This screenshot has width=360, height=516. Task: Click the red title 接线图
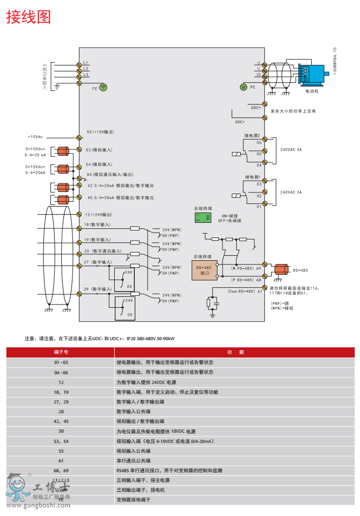pos(28,17)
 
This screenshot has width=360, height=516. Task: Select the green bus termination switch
pos(205,217)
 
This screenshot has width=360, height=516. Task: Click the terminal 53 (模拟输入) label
pos(99,150)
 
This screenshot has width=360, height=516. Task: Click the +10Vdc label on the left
pos(36,137)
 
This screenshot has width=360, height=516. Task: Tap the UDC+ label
pos(240,122)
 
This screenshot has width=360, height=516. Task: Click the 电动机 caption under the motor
pos(312,92)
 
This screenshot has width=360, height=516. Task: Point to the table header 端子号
pos(61,352)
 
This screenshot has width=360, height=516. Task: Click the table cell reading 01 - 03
pos(61,362)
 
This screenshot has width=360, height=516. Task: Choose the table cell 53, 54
pos(61,441)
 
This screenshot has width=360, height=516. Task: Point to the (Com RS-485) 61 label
pos(244,292)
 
